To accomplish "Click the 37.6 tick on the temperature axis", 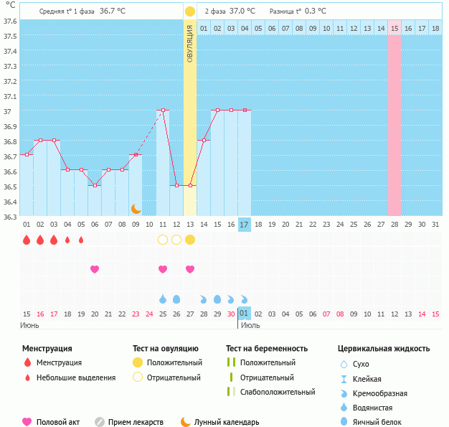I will pos(10,21).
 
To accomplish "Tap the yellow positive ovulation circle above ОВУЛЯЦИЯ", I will pos(189,11).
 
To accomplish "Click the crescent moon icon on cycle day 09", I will pos(136,208).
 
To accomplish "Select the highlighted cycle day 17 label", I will pos(244,225).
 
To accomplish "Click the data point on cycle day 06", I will pos(94,185).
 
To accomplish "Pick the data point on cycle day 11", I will pos(163,111).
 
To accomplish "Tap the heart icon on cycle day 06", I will pos(94,269).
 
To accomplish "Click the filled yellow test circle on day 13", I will pos(189,239).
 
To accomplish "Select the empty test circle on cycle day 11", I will pos(163,239).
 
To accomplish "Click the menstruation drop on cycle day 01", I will pos(27,240).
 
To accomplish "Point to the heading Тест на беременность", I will pos(266,349).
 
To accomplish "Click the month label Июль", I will pos(250,325).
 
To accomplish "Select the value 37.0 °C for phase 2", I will pos(242,11).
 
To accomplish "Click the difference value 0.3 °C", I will pos(315,11).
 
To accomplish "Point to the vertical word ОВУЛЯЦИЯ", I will pos(189,43).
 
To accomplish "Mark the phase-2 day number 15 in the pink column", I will pos(394,28).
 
